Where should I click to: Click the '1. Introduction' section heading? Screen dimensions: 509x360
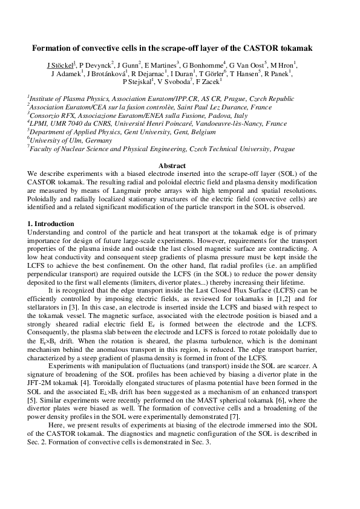coord(51,224)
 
